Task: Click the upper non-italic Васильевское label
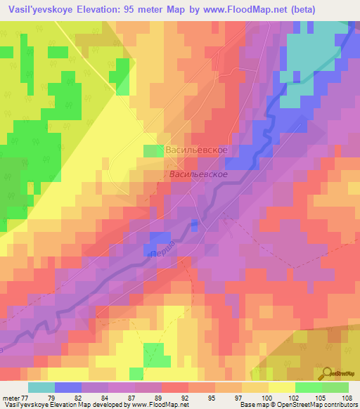click(x=195, y=150)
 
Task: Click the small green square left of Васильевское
click(x=152, y=150)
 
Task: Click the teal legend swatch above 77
click(x=41, y=387)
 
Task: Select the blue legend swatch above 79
click(x=67, y=387)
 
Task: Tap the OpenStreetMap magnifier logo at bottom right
click(x=328, y=373)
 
